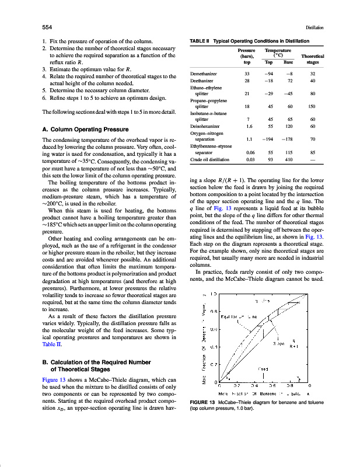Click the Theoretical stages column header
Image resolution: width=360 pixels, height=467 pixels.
click(x=313, y=59)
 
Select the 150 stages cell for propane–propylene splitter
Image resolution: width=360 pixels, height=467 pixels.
click(x=312, y=107)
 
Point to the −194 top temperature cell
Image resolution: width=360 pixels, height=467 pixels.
click(x=268, y=139)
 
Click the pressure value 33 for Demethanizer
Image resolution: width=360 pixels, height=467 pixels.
click(x=247, y=74)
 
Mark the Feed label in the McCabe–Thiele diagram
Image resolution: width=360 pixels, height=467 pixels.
click(x=263, y=369)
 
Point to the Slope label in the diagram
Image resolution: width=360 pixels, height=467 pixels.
click(x=277, y=344)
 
